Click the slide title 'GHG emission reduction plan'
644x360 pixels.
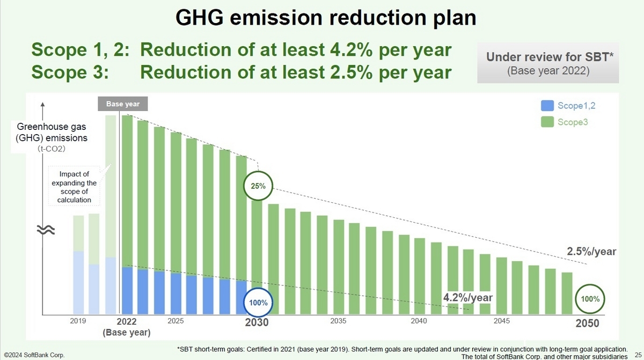click(326, 19)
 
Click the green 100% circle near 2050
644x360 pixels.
click(589, 298)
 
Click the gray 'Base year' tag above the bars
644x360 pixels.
click(122, 104)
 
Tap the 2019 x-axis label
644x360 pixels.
click(78, 321)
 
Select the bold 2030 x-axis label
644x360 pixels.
click(257, 324)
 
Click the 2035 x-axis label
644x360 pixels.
click(338, 321)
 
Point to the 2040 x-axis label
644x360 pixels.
click(419, 321)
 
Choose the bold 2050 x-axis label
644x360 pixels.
click(587, 324)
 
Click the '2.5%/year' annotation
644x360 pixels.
click(592, 251)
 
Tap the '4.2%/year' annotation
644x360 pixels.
click(467, 297)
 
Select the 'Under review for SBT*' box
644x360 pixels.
click(547, 63)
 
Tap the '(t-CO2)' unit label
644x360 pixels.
click(52, 149)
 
